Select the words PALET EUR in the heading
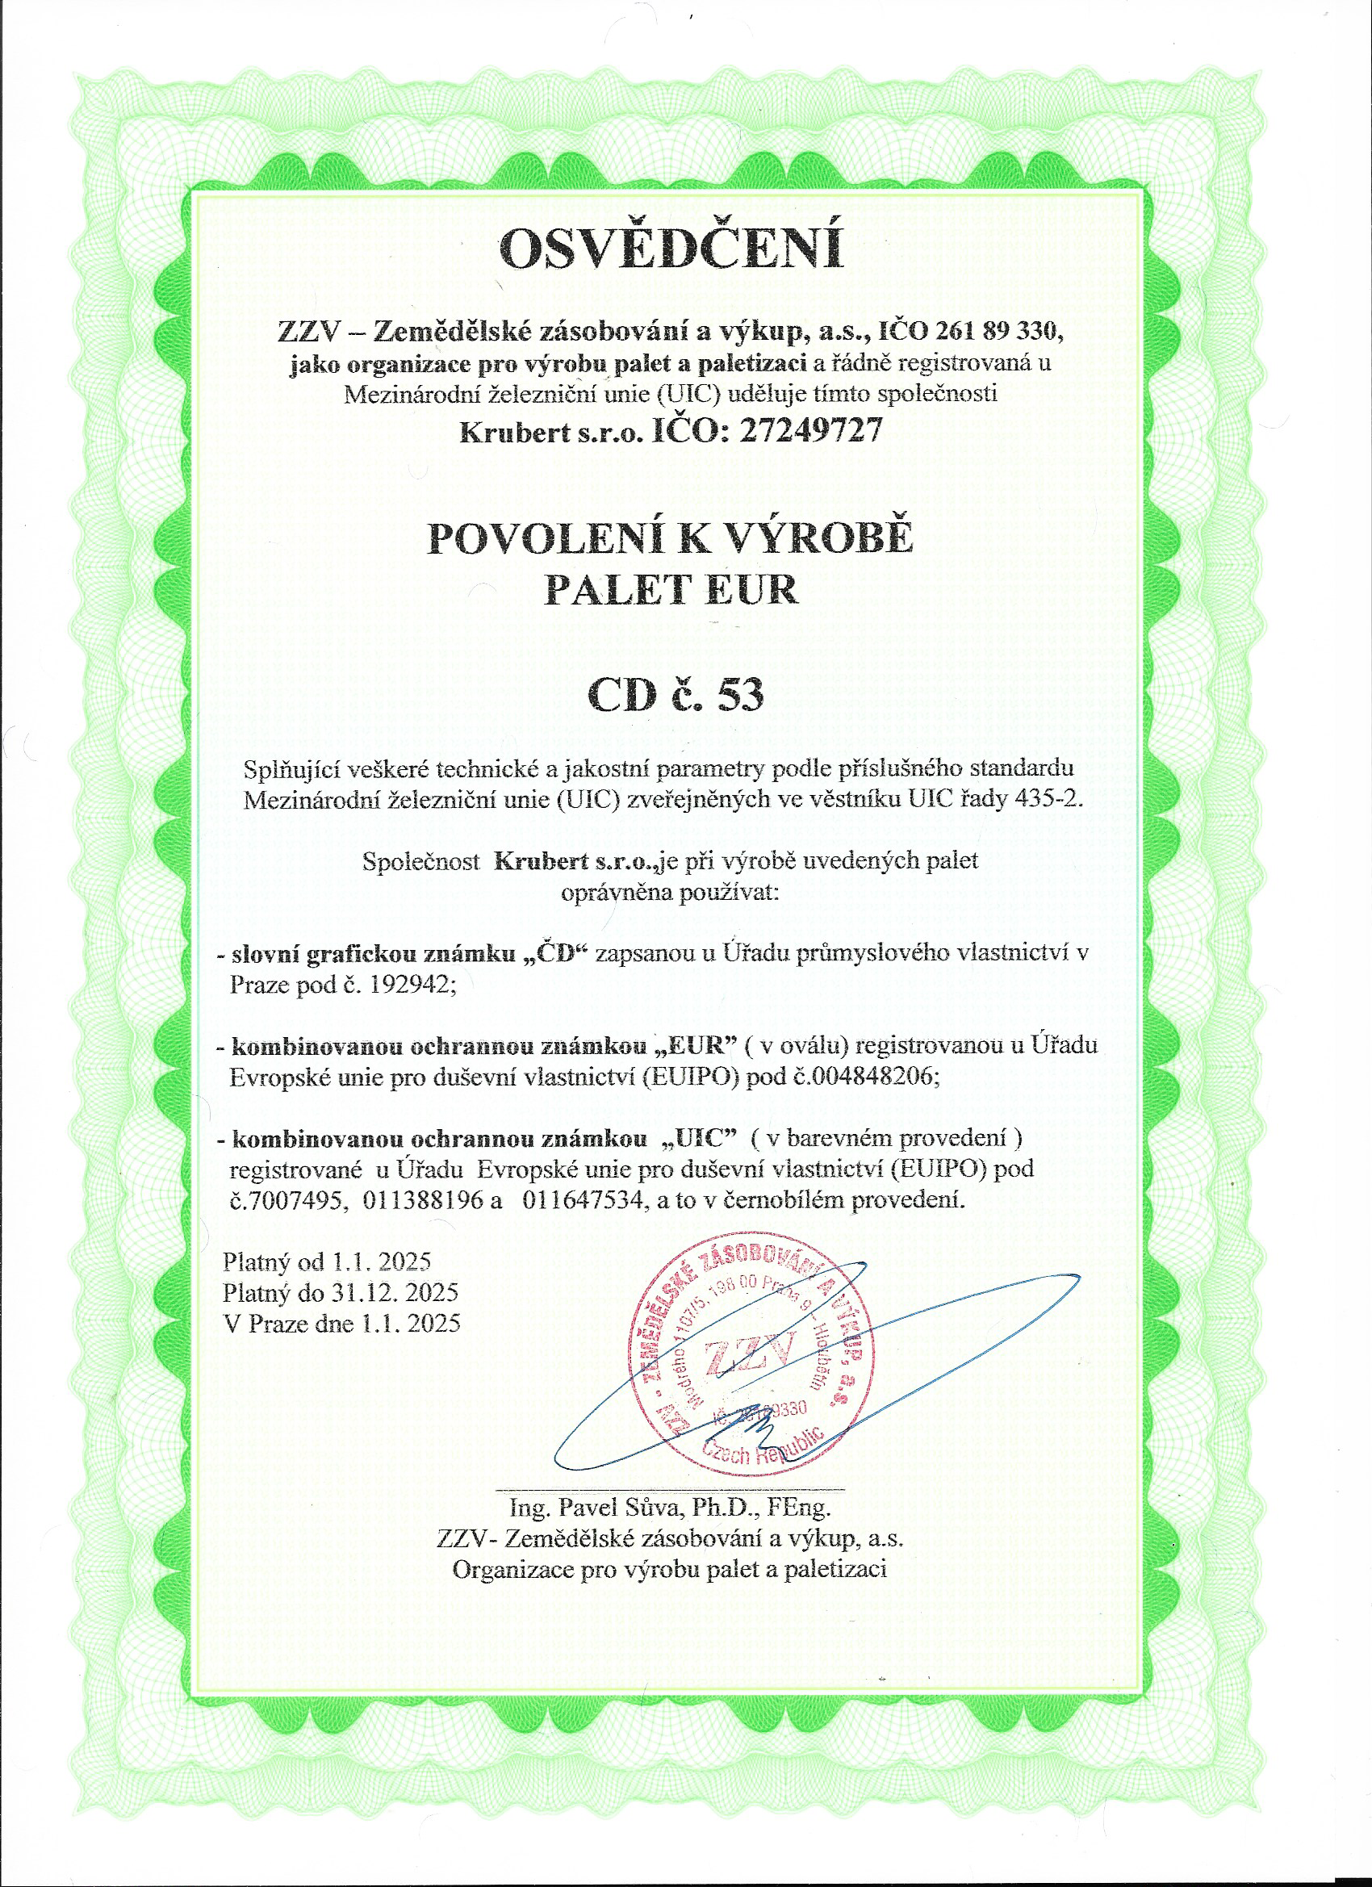[671, 589]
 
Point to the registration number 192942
[406, 985]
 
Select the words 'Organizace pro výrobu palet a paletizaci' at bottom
[670, 1569]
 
